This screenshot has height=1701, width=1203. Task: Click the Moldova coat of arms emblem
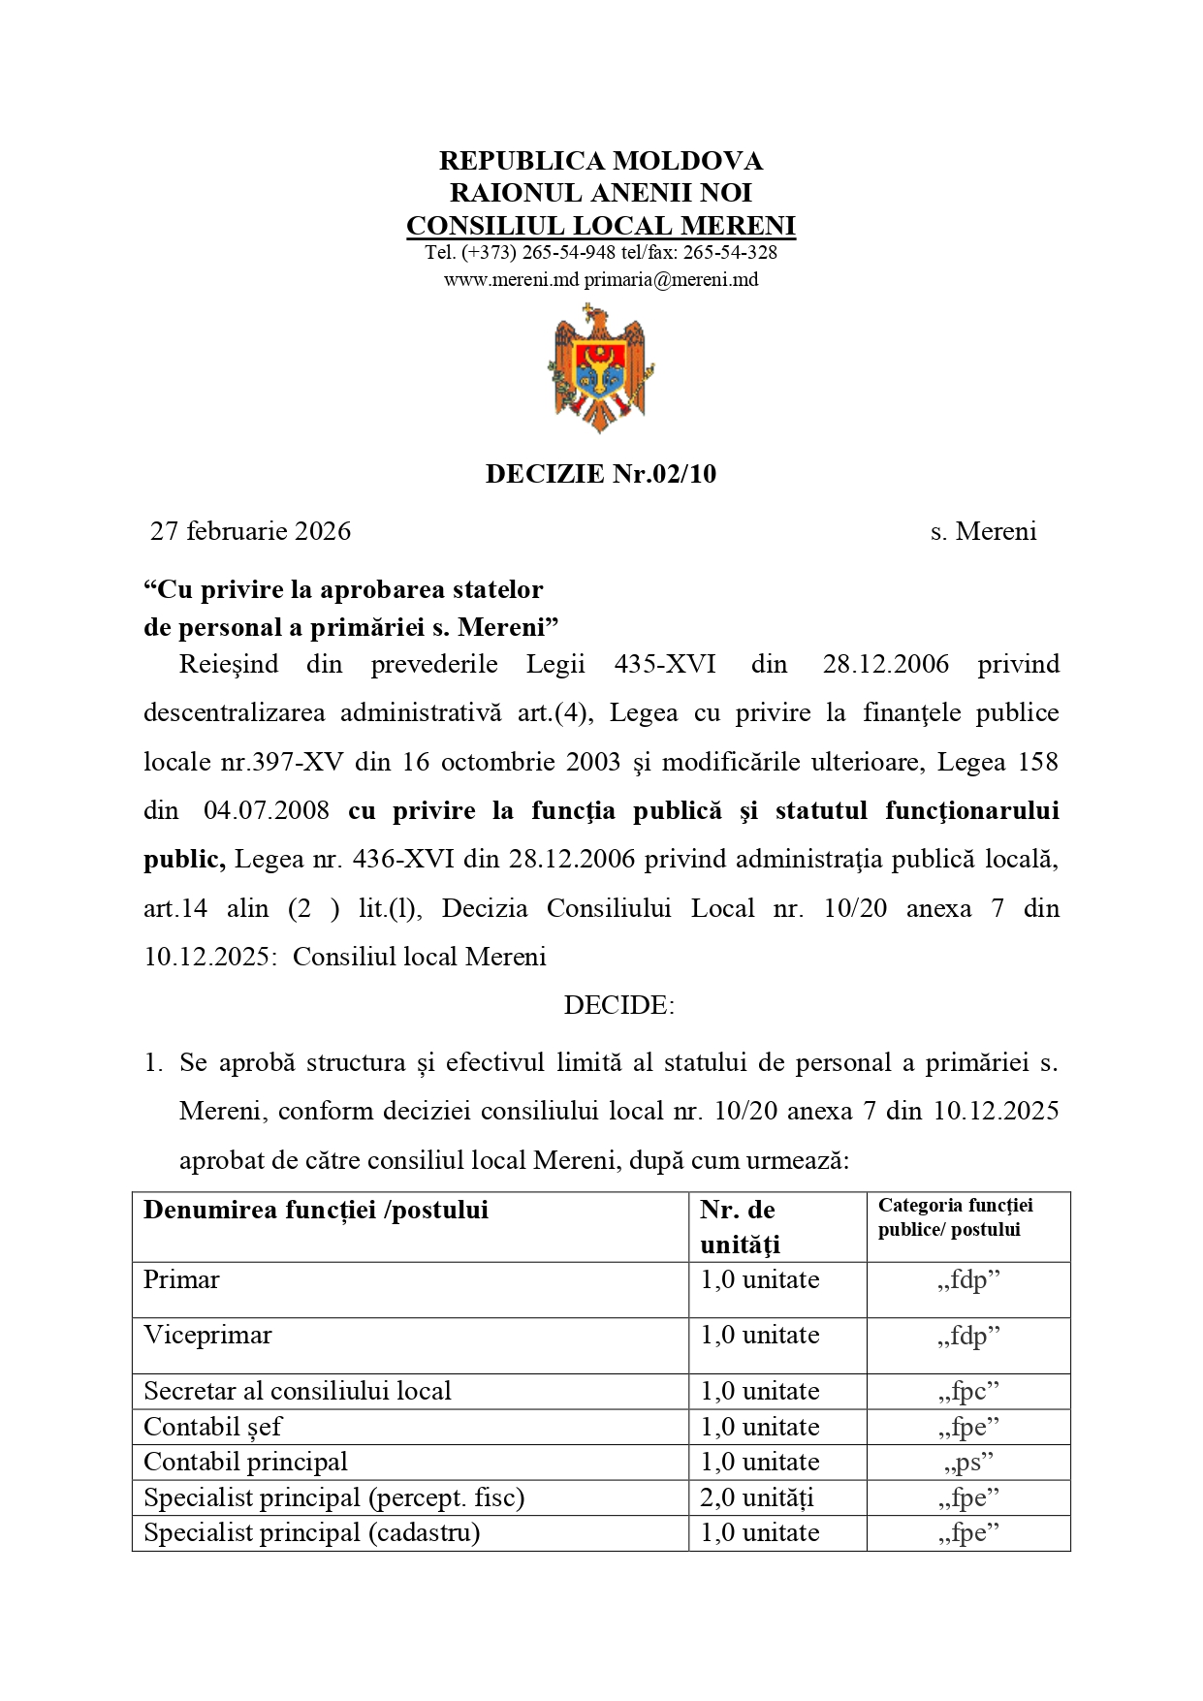pos(600,369)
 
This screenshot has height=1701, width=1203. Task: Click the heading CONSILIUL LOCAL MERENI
pos(601,226)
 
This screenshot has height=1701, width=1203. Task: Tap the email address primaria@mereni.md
pos(671,280)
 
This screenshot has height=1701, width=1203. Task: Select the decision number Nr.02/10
pos(664,474)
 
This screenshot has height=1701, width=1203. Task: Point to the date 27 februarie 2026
pos(250,531)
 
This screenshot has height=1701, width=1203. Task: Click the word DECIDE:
pos(618,1005)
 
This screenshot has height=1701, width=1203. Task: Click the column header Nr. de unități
pos(740,1227)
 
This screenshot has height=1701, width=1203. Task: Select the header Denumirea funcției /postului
pos(316,1210)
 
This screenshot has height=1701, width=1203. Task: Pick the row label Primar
pos(181,1280)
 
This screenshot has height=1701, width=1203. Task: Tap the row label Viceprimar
pos(207,1336)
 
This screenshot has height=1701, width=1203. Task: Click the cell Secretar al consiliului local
pos(298,1392)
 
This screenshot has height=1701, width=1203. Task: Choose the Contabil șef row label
pos(212,1427)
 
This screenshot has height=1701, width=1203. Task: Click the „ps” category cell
pos(968,1463)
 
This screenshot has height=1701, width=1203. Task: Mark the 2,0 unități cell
pos(757,1498)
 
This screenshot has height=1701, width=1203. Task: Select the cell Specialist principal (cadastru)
pos(311,1533)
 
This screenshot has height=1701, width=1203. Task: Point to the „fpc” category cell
pos(968,1392)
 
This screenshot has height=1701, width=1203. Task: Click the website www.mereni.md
pos(511,280)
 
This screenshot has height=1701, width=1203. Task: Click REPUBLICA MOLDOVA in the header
pos(601,161)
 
